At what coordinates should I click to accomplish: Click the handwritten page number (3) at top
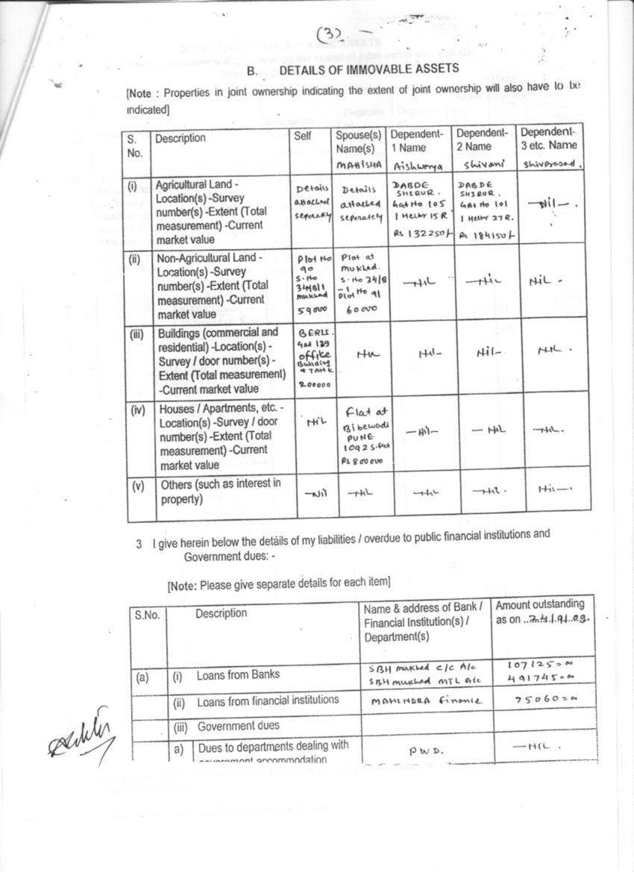click(328, 34)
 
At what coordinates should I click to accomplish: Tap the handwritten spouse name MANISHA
click(359, 164)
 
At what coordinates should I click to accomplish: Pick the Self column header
click(304, 137)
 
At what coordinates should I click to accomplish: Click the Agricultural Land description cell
click(219, 211)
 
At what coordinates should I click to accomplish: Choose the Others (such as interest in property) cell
click(221, 492)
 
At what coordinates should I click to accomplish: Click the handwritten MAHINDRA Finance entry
click(425, 700)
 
